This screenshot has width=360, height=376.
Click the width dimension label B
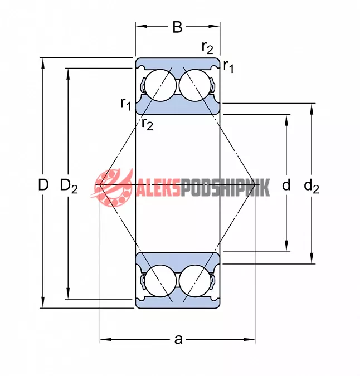pyautogui.click(x=177, y=27)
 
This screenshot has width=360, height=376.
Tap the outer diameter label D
pyautogui.click(x=43, y=184)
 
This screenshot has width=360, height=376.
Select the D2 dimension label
pyautogui.click(x=69, y=186)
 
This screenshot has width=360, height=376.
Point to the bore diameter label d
pyautogui.click(x=286, y=185)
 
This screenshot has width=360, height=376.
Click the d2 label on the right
pyautogui.click(x=312, y=186)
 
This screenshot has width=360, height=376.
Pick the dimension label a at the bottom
pyautogui.click(x=178, y=340)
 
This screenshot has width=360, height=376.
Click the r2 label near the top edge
pyautogui.click(x=207, y=47)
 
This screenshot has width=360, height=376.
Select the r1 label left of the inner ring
pyautogui.click(x=126, y=104)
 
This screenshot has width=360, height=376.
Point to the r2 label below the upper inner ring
pyautogui.click(x=147, y=124)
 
